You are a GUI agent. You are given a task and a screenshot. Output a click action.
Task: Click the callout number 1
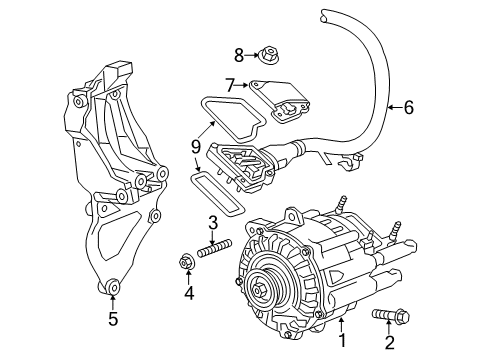(x=342, y=340)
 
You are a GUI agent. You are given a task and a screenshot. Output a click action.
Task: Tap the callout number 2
(x=389, y=343)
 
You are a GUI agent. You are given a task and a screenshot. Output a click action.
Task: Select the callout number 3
(x=213, y=223)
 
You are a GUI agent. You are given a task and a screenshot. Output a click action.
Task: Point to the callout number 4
(x=189, y=293)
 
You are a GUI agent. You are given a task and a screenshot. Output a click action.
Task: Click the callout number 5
(x=113, y=319)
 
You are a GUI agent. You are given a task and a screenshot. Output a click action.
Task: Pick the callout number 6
(x=409, y=107)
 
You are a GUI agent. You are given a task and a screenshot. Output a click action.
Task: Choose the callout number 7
(x=230, y=85)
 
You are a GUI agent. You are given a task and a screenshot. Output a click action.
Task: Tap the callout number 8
(x=239, y=55)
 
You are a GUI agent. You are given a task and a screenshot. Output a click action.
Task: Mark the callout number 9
(x=196, y=147)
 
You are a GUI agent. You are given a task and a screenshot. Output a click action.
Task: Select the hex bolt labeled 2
(x=390, y=314)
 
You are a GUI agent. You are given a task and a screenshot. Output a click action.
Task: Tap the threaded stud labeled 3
(x=214, y=248)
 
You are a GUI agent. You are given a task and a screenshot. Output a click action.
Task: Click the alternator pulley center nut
(x=258, y=290)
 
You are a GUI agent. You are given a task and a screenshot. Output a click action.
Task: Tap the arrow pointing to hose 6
(x=396, y=107)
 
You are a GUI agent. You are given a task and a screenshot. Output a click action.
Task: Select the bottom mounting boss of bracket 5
(x=112, y=287)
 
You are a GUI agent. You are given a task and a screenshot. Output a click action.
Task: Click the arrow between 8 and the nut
(x=252, y=55)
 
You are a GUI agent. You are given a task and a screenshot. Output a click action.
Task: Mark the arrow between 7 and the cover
(x=242, y=86)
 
